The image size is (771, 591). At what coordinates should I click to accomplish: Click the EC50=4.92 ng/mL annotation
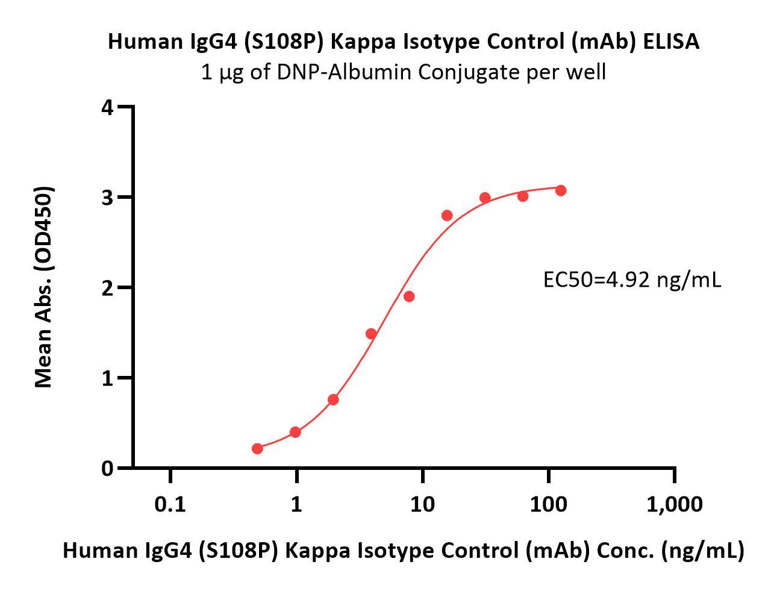pyautogui.click(x=632, y=280)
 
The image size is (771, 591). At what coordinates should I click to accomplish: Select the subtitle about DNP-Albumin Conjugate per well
pyautogui.click(x=403, y=72)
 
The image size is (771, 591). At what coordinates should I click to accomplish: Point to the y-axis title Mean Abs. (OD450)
pyautogui.click(x=43, y=287)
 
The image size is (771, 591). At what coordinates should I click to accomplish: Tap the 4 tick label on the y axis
pyautogui.click(x=107, y=108)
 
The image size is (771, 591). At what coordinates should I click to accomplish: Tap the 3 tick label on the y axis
pyautogui.click(x=107, y=198)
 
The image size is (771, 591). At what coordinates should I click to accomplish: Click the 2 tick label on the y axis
pyautogui.click(x=107, y=288)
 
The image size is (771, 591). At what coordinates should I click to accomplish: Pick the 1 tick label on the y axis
pyautogui.click(x=107, y=378)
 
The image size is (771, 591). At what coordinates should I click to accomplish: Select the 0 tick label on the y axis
pyautogui.click(x=107, y=468)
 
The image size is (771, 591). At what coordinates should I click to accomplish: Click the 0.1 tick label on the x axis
pyautogui.click(x=170, y=504)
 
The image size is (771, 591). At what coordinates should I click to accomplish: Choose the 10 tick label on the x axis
pyautogui.click(x=422, y=504)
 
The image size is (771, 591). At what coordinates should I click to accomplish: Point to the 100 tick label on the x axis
pyautogui.click(x=548, y=504)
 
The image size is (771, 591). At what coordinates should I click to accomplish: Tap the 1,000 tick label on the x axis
pyautogui.click(x=674, y=504)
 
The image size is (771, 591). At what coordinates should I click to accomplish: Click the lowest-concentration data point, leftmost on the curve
pyautogui.click(x=257, y=449)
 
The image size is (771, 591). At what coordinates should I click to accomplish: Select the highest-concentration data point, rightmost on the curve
pyautogui.click(x=561, y=190)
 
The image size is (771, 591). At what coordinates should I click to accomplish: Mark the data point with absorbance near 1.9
pyautogui.click(x=409, y=296)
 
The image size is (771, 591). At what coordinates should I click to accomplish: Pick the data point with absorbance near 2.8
pyautogui.click(x=447, y=216)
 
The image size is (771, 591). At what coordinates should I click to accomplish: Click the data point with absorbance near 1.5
pyautogui.click(x=371, y=334)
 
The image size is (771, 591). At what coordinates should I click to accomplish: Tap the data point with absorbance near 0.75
pyautogui.click(x=333, y=399)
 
